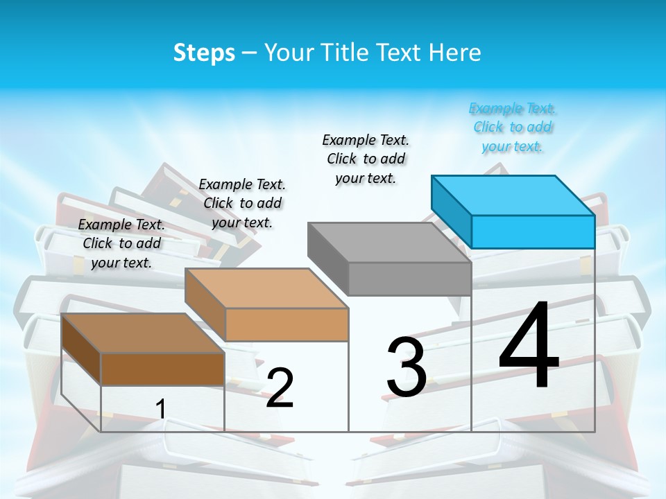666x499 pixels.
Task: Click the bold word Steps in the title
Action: click(x=204, y=53)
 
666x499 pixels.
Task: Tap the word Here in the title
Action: click(x=455, y=53)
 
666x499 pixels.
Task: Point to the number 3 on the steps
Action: click(x=407, y=367)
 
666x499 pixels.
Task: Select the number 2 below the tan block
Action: click(x=280, y=388)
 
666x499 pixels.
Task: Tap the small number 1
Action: click(x=160, y=409)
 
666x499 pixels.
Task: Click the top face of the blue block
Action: click(x=513, y=195)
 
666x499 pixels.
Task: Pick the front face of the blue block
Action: click(x=533, y=231)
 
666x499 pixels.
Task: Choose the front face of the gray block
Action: click(x=409, y=279)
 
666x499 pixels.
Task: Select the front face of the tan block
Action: click(x=287, y=324)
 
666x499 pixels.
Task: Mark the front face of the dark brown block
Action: click(x=162, y=369)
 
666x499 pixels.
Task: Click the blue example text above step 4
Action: click(x=513, y=128)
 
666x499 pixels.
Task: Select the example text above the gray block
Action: click(x=366, y=159)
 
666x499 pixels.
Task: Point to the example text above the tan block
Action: click(x=242, y=203)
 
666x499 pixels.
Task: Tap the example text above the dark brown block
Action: click(x=121, y=243)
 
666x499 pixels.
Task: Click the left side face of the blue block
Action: click(x=452, y=211)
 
